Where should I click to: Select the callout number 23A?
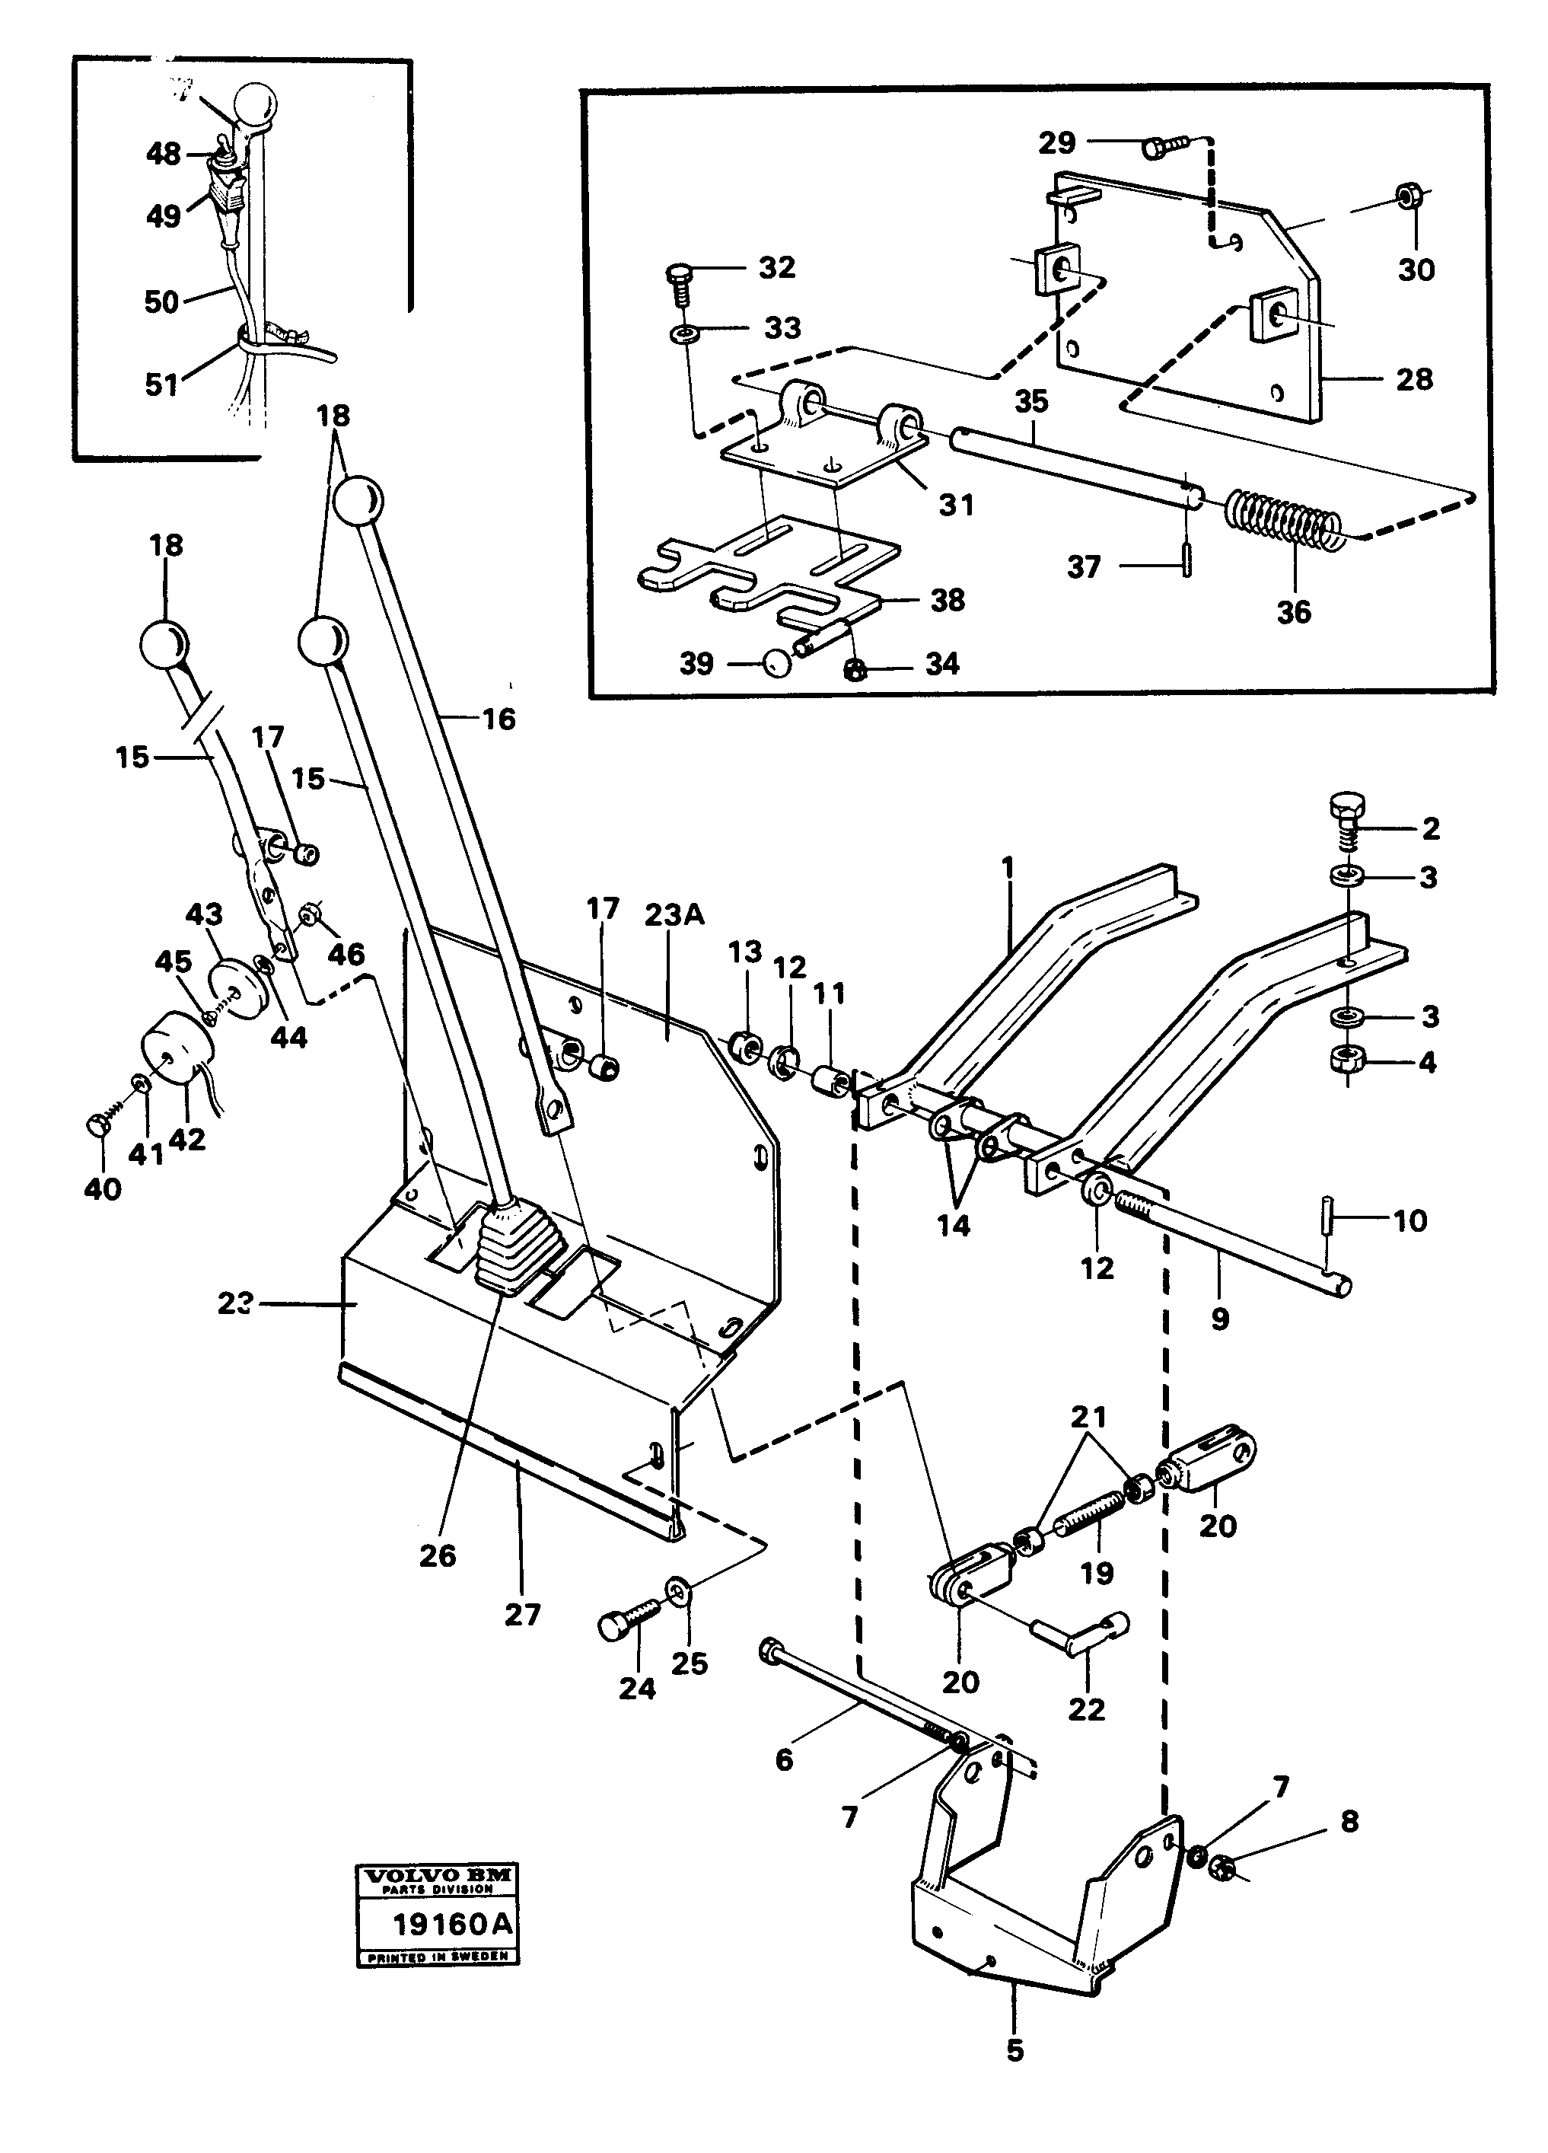[x=673, y=916]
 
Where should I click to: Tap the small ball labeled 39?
[x=776, y=662]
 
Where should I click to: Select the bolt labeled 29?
[x=1164, y=146]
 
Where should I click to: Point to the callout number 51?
[x=161, y=384]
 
